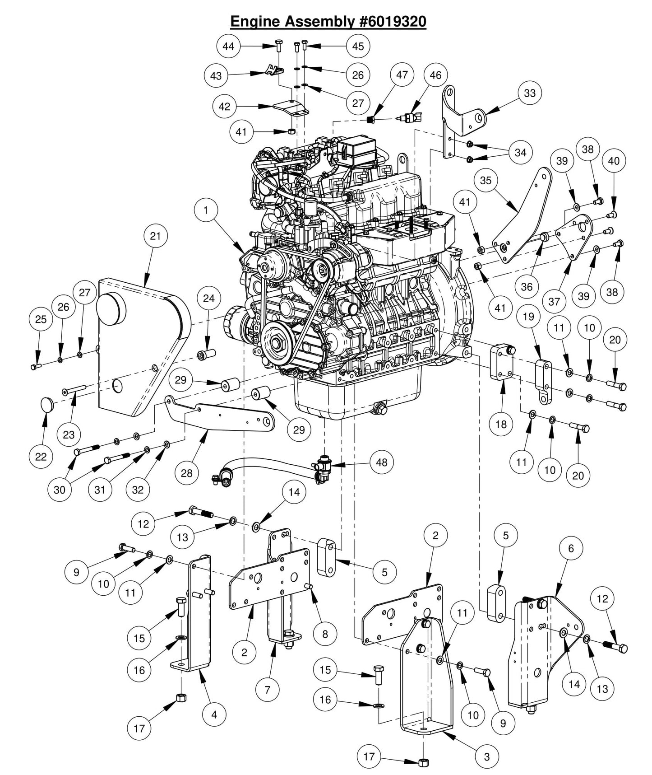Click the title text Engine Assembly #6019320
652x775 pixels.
[328, 21]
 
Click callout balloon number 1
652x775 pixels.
[206, 210]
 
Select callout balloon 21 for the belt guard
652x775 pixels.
[155, 236]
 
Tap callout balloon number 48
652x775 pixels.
[382, 462]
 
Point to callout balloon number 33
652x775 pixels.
[530, 93]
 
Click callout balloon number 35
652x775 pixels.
[486, 181]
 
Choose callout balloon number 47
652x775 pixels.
[402, 75]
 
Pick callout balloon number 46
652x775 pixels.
[435, 75]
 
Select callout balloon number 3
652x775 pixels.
[486, 756]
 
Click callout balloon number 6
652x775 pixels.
[571, 548]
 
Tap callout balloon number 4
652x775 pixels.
[214, 714]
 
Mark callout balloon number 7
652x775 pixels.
[267, 690]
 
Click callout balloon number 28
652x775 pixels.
[186, 473]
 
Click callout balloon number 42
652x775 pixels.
[224, 107]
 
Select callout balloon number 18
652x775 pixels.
[501, 425]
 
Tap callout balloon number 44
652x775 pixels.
[228, 47]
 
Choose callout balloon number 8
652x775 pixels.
[325, 634]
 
